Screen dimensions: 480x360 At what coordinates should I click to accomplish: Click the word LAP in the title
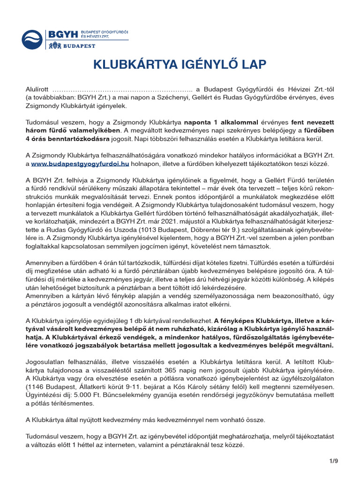(254, 65)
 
